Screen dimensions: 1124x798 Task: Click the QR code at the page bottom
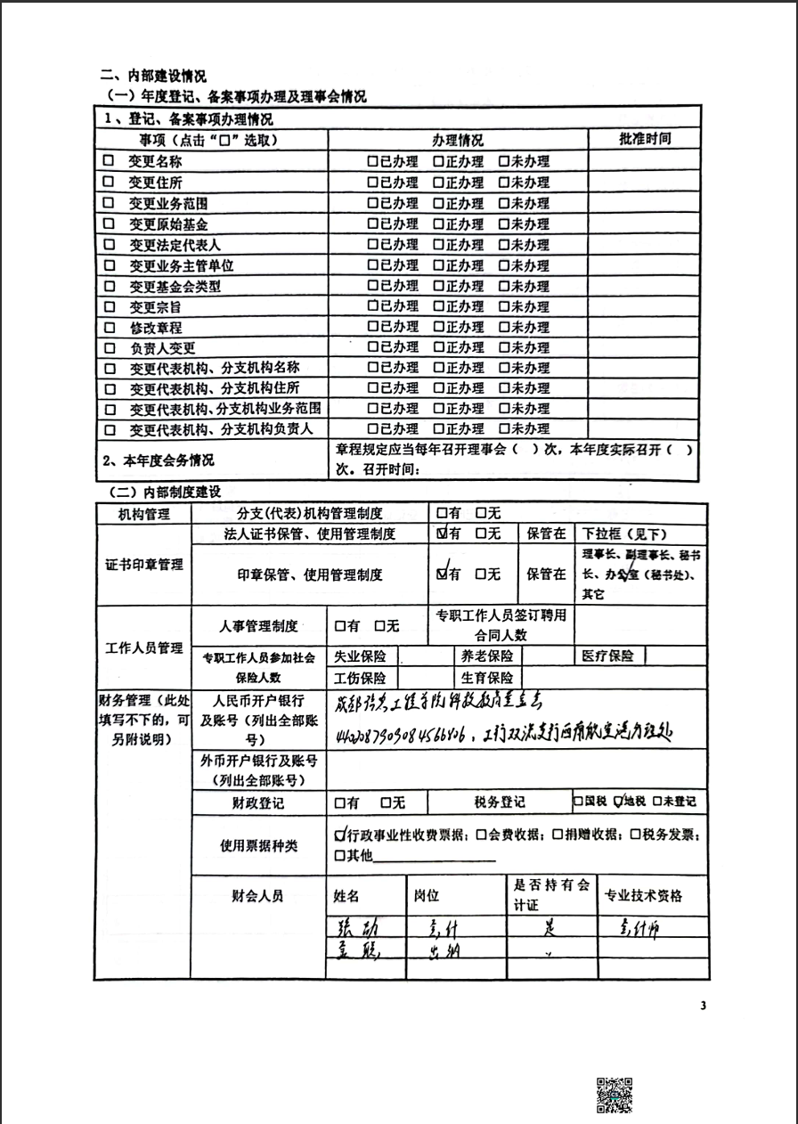click(x=615, y=1095)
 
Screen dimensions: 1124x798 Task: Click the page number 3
click(x=703, y=1006)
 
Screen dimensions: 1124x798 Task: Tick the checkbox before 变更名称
click(x=109, y=161)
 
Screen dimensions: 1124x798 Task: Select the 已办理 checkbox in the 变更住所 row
click(x=373, y=183)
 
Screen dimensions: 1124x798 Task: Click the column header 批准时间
click(x=645, y=139)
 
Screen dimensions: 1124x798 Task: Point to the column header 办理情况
click(x=458, y=140)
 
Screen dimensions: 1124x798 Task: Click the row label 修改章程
click(x=156, y=327)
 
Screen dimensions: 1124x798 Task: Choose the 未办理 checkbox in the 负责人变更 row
click(x=504, y=347)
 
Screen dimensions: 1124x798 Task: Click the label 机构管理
click(x=142, y=514)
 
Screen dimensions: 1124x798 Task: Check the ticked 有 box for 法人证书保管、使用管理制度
click(x=443, y=533)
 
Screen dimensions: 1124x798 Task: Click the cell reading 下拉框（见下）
click(x=623, y=534)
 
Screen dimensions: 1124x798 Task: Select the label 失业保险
click(x=360, y=656)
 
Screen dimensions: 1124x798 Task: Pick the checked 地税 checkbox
click(x=619, y=801)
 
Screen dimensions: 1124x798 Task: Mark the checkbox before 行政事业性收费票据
click(x=339, y=835)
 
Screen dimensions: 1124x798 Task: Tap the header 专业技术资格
click(x=643, y=895)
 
